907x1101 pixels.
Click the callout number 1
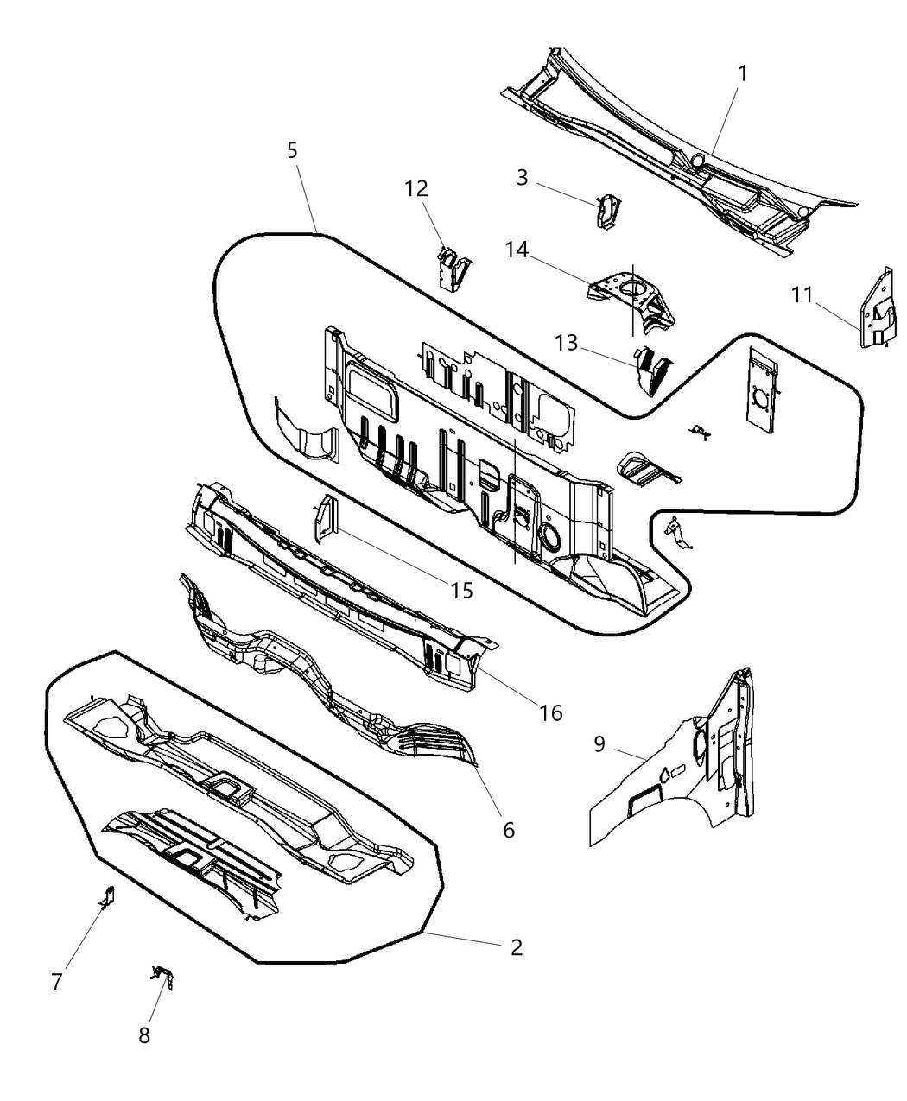tap(741, 73)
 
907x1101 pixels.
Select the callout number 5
tap(292, 150)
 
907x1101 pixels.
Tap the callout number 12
tap(415, 188)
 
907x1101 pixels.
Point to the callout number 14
tap(517, 250)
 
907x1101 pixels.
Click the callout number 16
tap(550, 712)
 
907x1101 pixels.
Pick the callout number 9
tap(599, 743)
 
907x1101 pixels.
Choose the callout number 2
tap(516, 947)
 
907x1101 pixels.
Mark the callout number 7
tap(57, 982)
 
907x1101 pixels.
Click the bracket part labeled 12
tap(452, 268)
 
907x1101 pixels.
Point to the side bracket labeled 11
tap(877, 311)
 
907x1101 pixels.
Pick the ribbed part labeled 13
tap(652, 369)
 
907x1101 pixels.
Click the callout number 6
tap(508, 830)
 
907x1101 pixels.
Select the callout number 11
tap(802, 295)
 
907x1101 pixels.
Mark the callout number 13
tap(566, 343)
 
